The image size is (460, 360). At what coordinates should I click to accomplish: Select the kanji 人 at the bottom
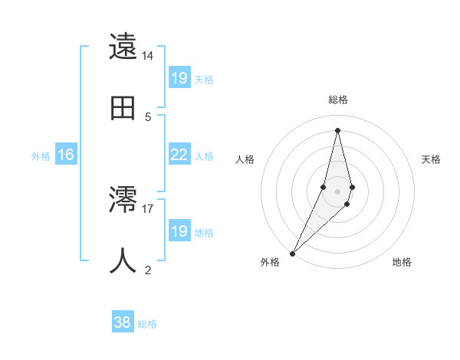point(124,260)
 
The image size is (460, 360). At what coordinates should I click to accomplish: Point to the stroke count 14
point(147,56)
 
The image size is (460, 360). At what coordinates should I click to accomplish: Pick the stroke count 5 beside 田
point(147,116)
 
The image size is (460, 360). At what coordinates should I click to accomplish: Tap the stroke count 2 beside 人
point(147,269)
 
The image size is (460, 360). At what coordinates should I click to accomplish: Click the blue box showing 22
point(179,155)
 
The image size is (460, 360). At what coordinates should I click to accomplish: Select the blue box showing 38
point(122,323)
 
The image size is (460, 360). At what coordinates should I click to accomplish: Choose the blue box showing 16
point(65,155)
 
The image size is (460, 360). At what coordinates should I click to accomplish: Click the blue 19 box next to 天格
point(179,77)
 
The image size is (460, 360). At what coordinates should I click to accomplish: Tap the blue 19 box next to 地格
point(179,231)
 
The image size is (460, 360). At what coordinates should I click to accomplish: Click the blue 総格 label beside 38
point(147,324)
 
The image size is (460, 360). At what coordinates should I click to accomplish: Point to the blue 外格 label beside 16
point(41,155)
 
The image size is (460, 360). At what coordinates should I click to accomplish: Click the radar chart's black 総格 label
point(337,100)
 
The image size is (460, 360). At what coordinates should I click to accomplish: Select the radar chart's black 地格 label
point(402,262)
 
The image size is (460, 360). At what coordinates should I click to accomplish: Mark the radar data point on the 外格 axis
point(292,253)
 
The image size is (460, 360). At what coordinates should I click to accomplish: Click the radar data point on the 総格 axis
point(337,129)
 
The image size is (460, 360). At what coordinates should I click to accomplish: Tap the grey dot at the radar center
point(337,191)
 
